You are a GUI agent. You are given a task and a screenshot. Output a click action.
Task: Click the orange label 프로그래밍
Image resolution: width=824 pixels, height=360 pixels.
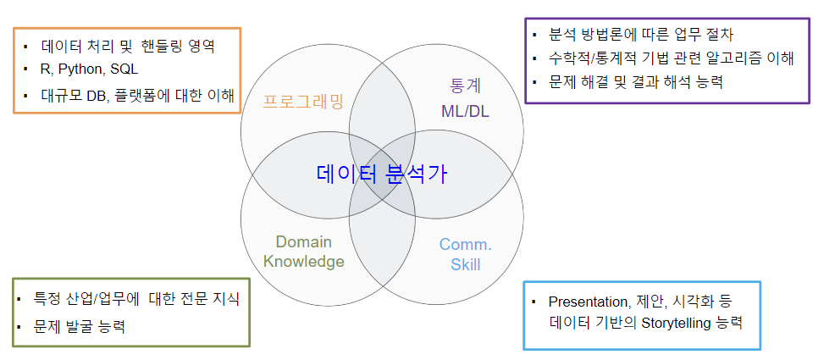coord(303,101)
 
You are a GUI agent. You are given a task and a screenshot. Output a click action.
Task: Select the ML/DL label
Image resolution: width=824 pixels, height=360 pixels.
coord(465,111)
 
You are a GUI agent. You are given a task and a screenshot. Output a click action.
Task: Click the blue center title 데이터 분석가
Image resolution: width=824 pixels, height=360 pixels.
coord(382,174)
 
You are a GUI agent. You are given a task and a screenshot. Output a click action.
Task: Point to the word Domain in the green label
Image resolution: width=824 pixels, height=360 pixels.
coord(304,241)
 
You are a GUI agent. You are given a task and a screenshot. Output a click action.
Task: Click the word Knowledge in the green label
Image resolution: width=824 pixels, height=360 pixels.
coord(304,261)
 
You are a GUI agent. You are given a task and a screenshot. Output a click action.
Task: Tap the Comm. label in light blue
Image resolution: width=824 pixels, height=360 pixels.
coord(466,245)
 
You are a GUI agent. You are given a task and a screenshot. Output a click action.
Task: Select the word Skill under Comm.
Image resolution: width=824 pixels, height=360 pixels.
coord(466,263)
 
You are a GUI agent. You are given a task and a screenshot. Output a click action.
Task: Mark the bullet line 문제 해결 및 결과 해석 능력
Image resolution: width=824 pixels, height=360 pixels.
coord(635,82)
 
